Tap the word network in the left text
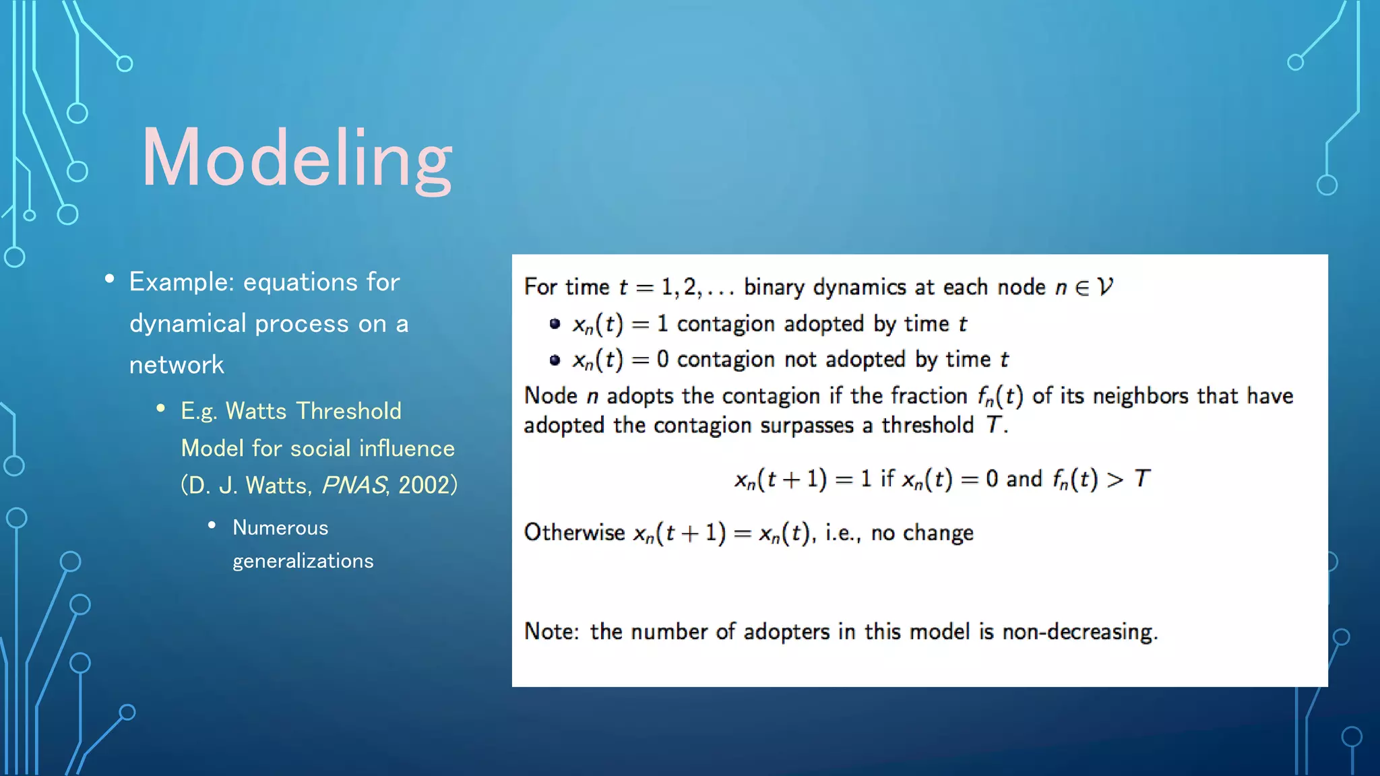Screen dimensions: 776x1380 coord(177,365)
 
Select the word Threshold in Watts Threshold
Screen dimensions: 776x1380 coord(348,411)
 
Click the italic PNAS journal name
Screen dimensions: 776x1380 coord(354,485)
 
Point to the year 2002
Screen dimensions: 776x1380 coord(424,485)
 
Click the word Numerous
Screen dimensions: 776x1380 coord(280,527)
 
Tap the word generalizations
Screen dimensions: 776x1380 coord(303,561)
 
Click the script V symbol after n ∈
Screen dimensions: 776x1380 coord(1104,288)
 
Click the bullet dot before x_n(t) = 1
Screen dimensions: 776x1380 coord(555,324)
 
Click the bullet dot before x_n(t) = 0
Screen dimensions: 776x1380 coord(555,360)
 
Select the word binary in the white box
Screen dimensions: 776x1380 coord(774,288)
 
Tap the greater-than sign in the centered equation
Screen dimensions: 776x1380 coord(1115,480)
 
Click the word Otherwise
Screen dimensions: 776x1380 coord(574,533)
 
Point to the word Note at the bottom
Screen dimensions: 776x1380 coord(549,632)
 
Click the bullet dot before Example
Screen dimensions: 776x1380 coord(109,279)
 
